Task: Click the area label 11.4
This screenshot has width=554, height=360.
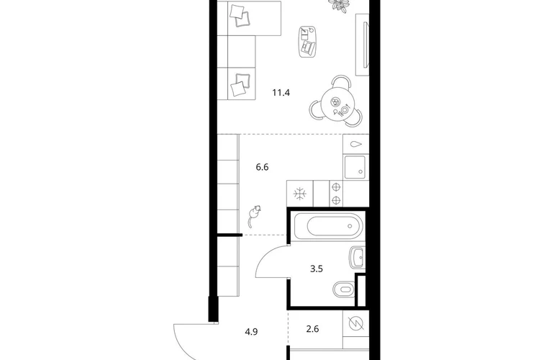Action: [281, 93]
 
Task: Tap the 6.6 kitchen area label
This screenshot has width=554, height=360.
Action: [262, 167]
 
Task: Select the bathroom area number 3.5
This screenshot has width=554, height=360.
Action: [317, 269]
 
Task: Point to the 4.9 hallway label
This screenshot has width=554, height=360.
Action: [251, 332]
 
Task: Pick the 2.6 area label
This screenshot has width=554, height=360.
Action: [312, 329]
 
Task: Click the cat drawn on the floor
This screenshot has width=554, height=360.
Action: [253, 216]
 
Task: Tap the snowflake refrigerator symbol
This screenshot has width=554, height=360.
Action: [300, 194]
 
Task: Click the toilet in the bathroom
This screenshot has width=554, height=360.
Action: [343, 289]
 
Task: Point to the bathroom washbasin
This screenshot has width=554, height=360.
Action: [357, 258]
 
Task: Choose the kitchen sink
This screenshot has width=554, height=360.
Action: [355, 166]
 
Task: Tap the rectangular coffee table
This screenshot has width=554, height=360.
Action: [307, 41]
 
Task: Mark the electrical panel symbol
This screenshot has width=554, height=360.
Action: [356, 323]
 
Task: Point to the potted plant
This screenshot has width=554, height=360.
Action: [338, 5]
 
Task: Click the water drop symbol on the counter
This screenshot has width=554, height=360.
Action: [356, 144]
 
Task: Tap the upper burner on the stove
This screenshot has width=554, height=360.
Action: [336, 186]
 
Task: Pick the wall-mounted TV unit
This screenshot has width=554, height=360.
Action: [362, 45]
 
